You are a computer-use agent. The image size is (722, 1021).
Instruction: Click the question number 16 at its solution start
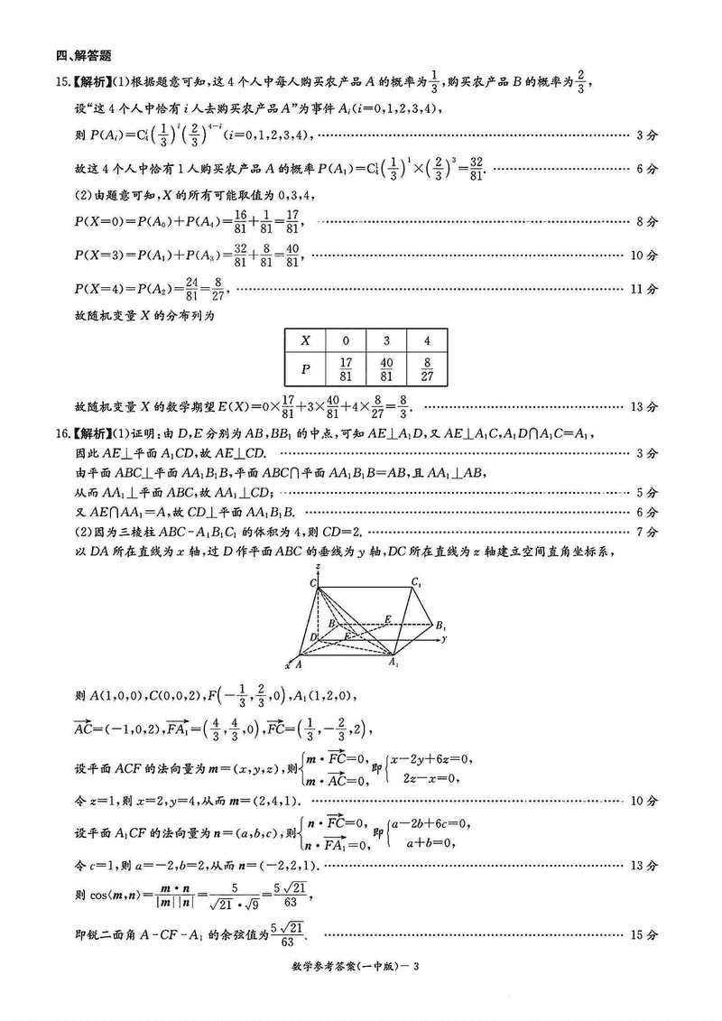point(62,432)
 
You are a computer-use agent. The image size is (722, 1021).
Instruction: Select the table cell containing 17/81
point(346,371)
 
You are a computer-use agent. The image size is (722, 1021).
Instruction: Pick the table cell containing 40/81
point(386,371)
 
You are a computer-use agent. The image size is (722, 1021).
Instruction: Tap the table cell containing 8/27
point(428,371)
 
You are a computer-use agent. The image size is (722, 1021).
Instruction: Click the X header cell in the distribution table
point(305,340)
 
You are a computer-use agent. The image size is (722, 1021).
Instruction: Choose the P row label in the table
point(305,371)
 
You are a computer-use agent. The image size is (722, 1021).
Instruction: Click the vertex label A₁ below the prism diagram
point(393,664)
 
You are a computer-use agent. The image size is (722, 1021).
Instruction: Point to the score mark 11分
point(644,290)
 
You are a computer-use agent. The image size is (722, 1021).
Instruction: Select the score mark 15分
point(644,935)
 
